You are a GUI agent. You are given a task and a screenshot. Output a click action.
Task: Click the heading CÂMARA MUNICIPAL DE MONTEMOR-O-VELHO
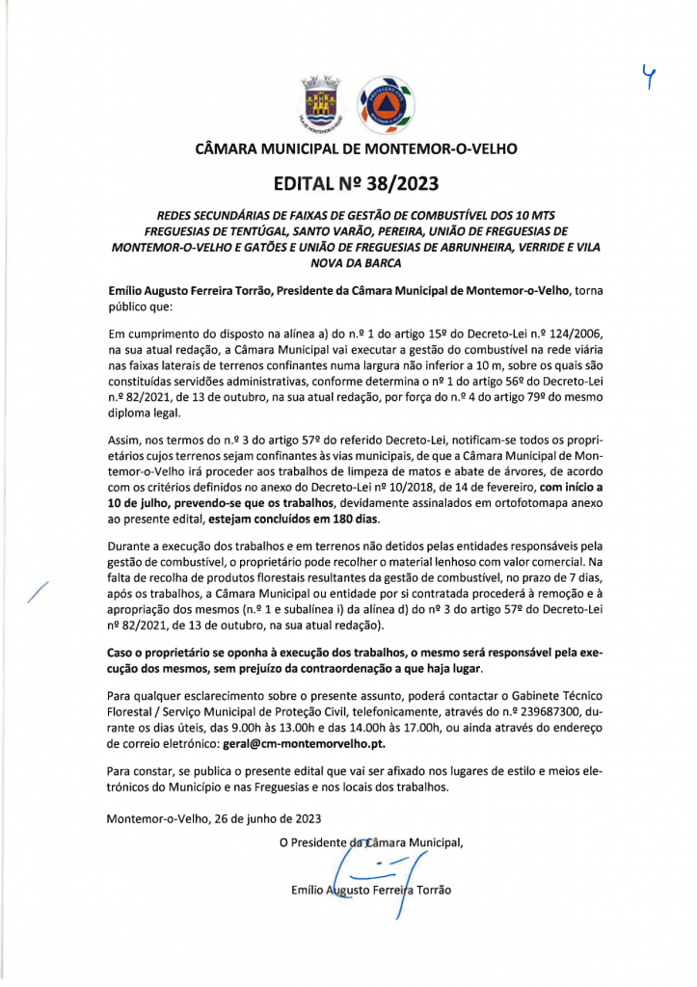pyautogui.click(x=356, y=149)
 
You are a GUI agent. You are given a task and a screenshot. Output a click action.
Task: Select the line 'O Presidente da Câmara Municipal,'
pyautogui.click(x=371, y=842)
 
